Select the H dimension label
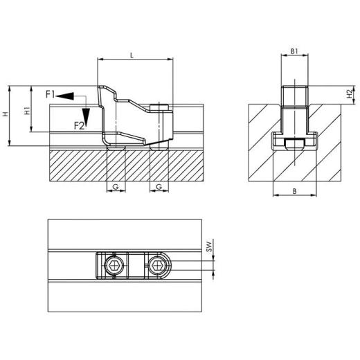coord(6,115)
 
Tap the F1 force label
coord(50,93)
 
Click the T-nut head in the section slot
coord(294,143)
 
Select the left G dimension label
coord(116,187)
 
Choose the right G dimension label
coord(159,187)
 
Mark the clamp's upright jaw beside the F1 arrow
coord(104,111)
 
